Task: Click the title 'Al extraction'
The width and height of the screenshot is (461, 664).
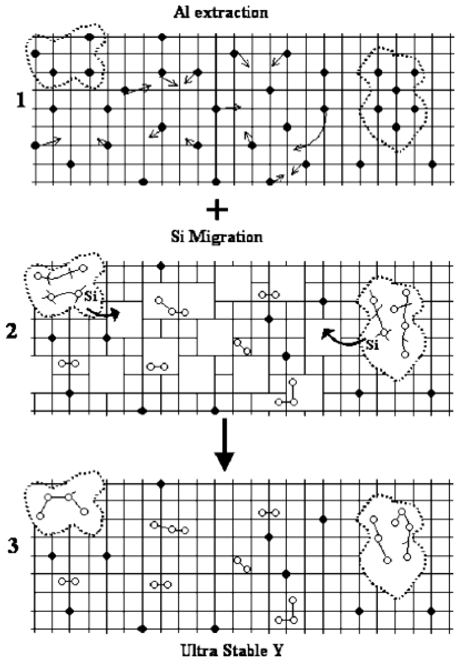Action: click(x=221, y=13)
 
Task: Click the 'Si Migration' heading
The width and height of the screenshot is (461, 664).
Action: click(x=217, y=237)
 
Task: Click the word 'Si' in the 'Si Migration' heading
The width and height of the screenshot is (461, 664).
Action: click(x=177, y=237)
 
